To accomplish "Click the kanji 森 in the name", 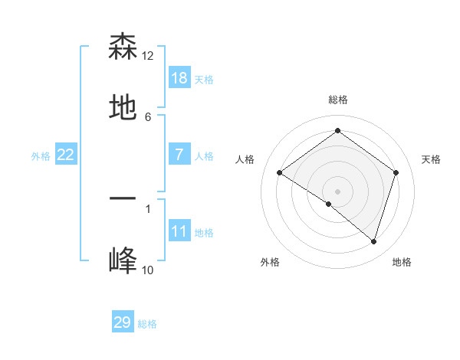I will (123, 47).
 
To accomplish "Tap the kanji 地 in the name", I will (123, 108).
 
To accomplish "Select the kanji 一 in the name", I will (123, 198).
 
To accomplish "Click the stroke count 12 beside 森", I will (148, 56).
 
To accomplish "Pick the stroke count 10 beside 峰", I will (148, 270).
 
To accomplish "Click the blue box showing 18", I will (179, 78).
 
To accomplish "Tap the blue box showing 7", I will (179, 155).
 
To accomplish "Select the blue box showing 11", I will (179, 231).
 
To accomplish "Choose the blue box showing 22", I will (65, 155).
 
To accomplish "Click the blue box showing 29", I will (123, 322).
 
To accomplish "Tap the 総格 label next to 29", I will (147, 324).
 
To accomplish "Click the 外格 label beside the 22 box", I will (41, 156).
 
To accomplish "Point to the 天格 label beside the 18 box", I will (204, 80).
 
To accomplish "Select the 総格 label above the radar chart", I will (337, 100).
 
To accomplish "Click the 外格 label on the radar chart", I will (270, 262).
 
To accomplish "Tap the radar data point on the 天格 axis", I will (396, 172).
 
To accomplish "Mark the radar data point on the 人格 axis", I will (280, 173).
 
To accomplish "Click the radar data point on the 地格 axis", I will (373, 241).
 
